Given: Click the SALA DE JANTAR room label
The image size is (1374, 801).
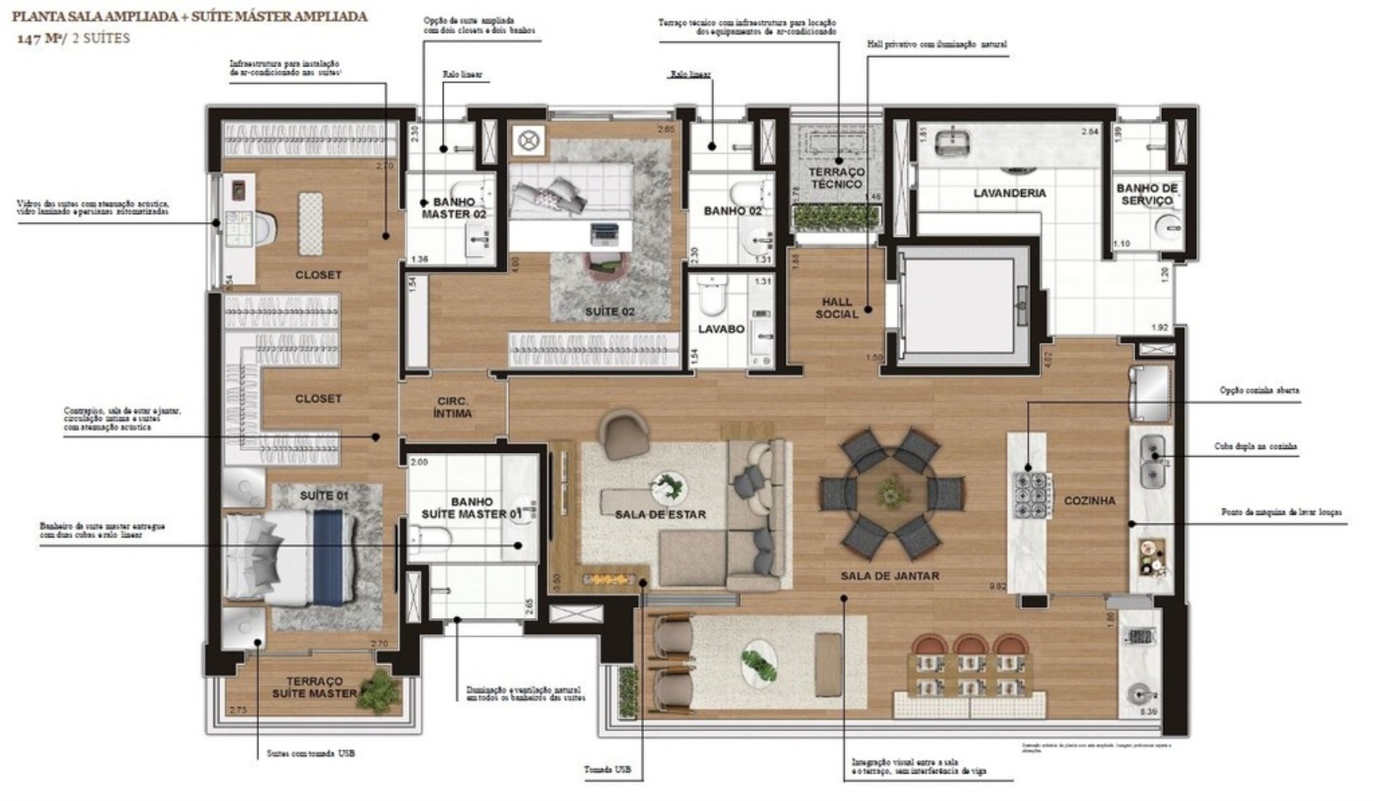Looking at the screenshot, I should (890, 576).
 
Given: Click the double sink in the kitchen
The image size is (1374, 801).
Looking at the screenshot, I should (1153, 461).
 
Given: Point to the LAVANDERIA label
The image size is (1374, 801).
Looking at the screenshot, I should (1009, 193).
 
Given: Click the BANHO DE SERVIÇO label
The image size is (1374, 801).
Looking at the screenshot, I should (1147, 194).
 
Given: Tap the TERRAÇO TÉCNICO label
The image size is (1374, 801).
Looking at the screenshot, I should (836, 178).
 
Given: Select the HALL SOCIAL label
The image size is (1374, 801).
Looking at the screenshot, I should (836, 308).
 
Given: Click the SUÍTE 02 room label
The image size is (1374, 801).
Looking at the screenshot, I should (610, 312).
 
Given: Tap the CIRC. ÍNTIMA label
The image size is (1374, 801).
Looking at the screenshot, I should (452, 408).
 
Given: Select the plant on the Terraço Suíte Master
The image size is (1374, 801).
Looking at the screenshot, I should (381, 688).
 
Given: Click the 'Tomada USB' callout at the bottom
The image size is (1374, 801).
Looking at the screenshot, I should (606, 770).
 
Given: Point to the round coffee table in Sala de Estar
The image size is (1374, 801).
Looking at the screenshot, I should (669, 488).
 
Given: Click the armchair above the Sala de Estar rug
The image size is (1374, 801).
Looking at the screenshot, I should (623, 435).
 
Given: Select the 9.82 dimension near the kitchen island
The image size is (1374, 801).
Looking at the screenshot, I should (997, 586).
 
